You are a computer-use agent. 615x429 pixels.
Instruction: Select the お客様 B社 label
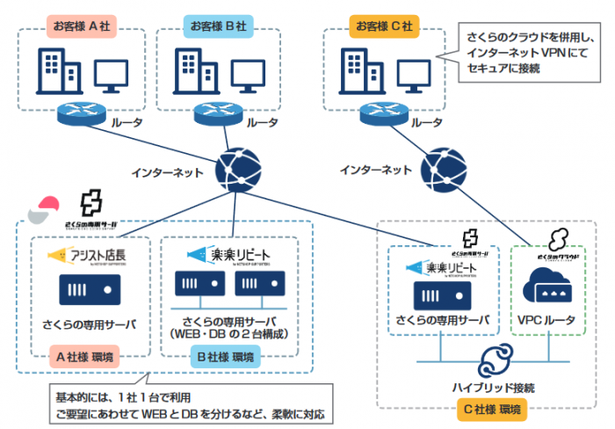tap(216, 25)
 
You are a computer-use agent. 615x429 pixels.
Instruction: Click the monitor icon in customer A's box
tap(112, 74)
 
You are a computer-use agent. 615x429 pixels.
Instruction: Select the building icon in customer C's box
tap(355, 69)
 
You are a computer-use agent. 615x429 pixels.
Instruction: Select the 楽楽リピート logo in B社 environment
tap(230, 255)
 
